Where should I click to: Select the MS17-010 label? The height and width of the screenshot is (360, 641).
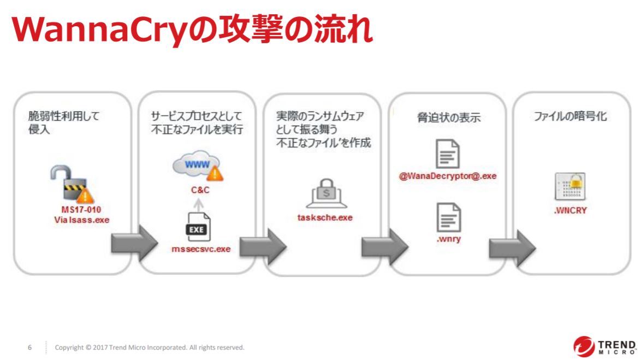pos(81,210)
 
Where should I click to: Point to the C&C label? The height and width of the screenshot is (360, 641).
pos(200,191)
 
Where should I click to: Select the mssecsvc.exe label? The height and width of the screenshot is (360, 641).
pos(201,249)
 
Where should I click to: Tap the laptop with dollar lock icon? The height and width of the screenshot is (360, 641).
pos(325,194)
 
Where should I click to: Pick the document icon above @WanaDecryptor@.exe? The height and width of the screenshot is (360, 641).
pos(447,154)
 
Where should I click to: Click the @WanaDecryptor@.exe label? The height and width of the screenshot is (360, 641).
pos(448,176)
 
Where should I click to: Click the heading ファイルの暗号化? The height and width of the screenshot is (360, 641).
pos(571,117)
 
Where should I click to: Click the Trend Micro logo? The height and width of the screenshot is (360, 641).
pos(604,345)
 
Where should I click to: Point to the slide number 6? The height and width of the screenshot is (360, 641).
pos(30,347)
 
